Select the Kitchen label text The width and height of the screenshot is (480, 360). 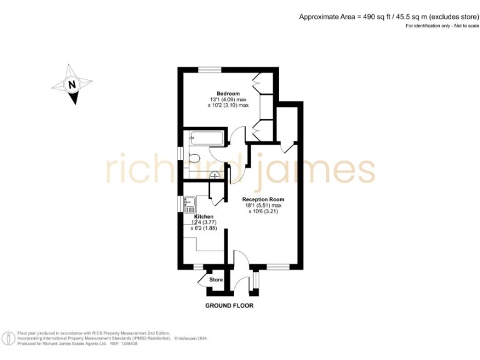click(204, 216)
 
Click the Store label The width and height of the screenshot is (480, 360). click(216, 279)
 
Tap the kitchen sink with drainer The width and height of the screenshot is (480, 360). click(190, 204)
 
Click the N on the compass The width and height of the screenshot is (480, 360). click(72, 84)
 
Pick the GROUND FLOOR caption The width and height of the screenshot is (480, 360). click(229, 306)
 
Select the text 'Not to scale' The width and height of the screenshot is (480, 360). click(459, 26)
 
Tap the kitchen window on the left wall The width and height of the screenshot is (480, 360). click(180, 203)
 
